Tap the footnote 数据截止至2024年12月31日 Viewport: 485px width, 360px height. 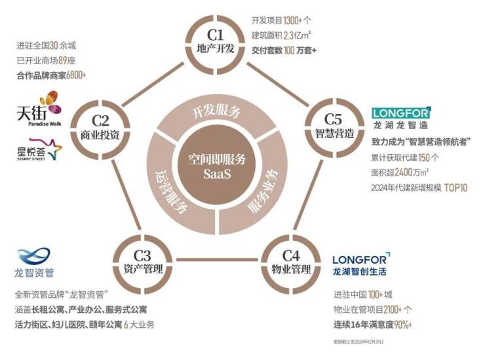359,342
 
